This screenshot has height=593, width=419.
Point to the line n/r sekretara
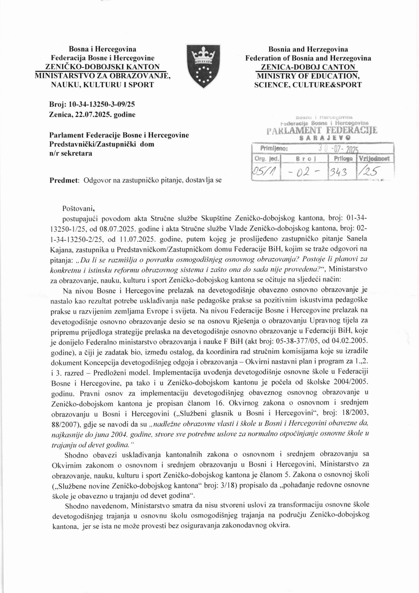[x=70, y=153]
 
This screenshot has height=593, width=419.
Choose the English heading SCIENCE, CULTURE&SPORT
[x=308, y=84]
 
